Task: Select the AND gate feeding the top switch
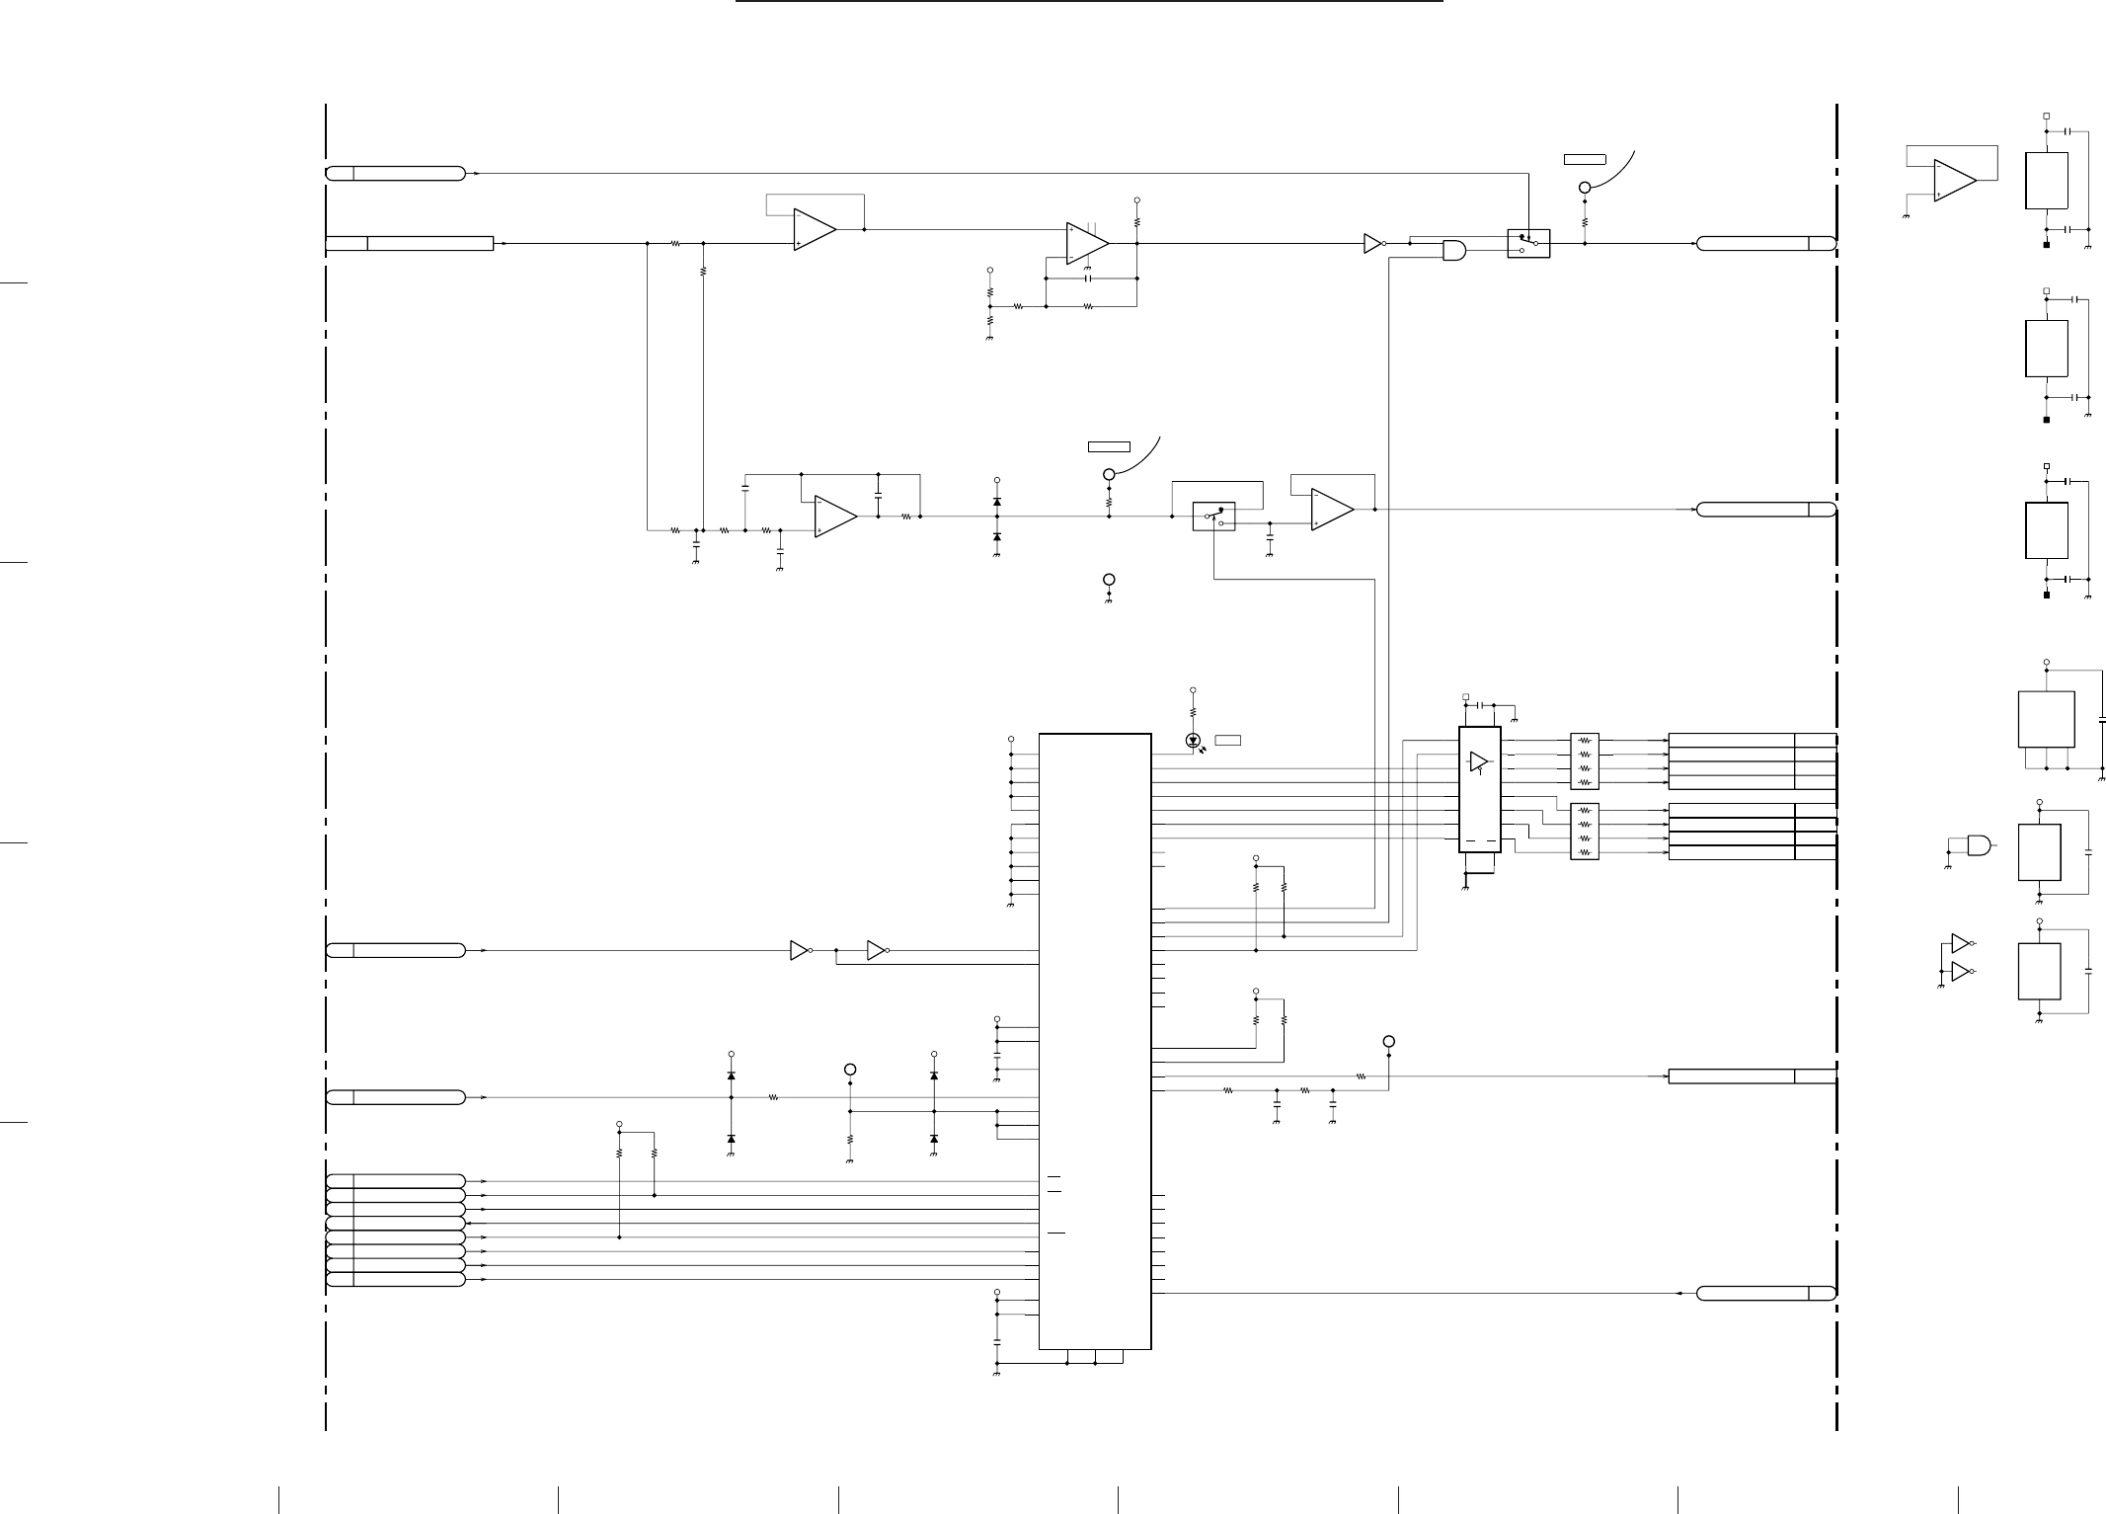click(1453, 251)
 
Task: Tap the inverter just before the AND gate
click(1372, 242)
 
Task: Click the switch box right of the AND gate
click(1528, 243)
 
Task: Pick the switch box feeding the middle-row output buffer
click(1213, 516)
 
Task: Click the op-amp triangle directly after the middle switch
click(1331, 510)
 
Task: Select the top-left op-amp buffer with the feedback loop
click(814, 229)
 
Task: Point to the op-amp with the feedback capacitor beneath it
click(1086, 243)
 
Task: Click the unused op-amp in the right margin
click(1954, 181)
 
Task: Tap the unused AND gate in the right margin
click(1979, 845)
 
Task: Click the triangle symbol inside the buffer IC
click(1478, 761)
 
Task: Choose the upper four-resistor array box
click(1584, 760)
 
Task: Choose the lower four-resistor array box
click(1584, 832)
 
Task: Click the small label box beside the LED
click(1227, 740)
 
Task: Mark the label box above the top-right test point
click(1585, 158)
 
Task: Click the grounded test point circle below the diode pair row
click(1109, 580)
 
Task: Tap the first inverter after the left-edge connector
click(800, 950)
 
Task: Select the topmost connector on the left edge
click(395, 174)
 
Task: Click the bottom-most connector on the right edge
click(1765, 1293)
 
